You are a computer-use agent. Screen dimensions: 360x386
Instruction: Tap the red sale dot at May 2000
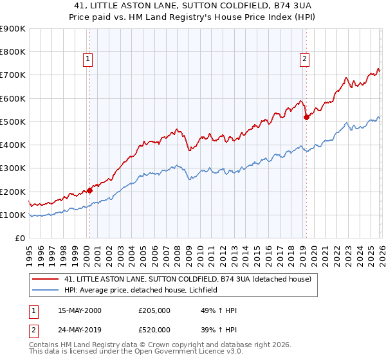coord(89,190)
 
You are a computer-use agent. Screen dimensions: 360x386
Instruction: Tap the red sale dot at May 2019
coord(306,117)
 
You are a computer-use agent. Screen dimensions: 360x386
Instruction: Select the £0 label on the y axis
coord(19,238)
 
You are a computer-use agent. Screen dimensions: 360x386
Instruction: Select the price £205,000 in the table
coord(154,310)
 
